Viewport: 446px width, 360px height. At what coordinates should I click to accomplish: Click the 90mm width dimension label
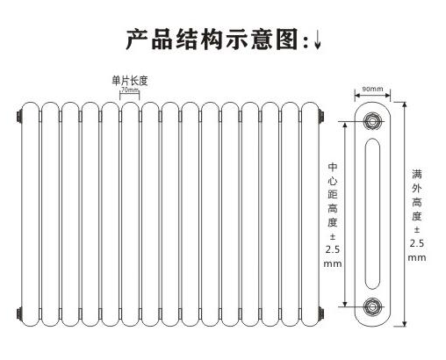[372, 89]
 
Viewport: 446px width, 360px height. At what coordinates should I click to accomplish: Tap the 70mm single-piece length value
[130, 90]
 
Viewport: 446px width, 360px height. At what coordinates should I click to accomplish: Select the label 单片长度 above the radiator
[130, 81]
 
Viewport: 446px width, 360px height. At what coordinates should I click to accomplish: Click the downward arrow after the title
[318, 40]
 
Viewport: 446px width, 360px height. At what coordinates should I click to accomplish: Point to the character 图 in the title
[287, 39]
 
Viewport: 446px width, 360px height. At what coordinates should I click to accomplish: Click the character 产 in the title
[137, 39]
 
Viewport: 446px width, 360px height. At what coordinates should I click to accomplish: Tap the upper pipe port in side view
[372, 121]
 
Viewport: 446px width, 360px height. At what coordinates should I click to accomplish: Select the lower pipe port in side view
[372, 306]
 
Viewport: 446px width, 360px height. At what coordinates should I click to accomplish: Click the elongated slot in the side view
[372, 214]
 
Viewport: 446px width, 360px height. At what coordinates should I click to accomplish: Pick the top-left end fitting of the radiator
[19, 117]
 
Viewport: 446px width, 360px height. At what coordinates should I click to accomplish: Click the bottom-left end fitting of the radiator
[19, 313]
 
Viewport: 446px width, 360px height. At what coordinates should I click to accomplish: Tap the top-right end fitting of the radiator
[321, 117]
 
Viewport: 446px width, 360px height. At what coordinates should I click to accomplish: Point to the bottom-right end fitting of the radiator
[321, 313]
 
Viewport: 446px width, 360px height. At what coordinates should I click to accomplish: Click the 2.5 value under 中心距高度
[333, 249]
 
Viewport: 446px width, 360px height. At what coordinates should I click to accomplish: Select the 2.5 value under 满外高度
[417, 243]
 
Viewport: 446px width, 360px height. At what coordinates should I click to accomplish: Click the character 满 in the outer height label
[417, 174]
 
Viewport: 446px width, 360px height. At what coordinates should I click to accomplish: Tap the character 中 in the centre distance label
[333, 167]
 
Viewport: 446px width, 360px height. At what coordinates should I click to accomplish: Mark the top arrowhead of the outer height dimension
[405, 104]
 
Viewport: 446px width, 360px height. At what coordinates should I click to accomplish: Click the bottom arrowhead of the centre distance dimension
[345, 304]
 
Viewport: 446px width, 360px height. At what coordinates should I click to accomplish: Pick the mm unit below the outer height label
[417, 258]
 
